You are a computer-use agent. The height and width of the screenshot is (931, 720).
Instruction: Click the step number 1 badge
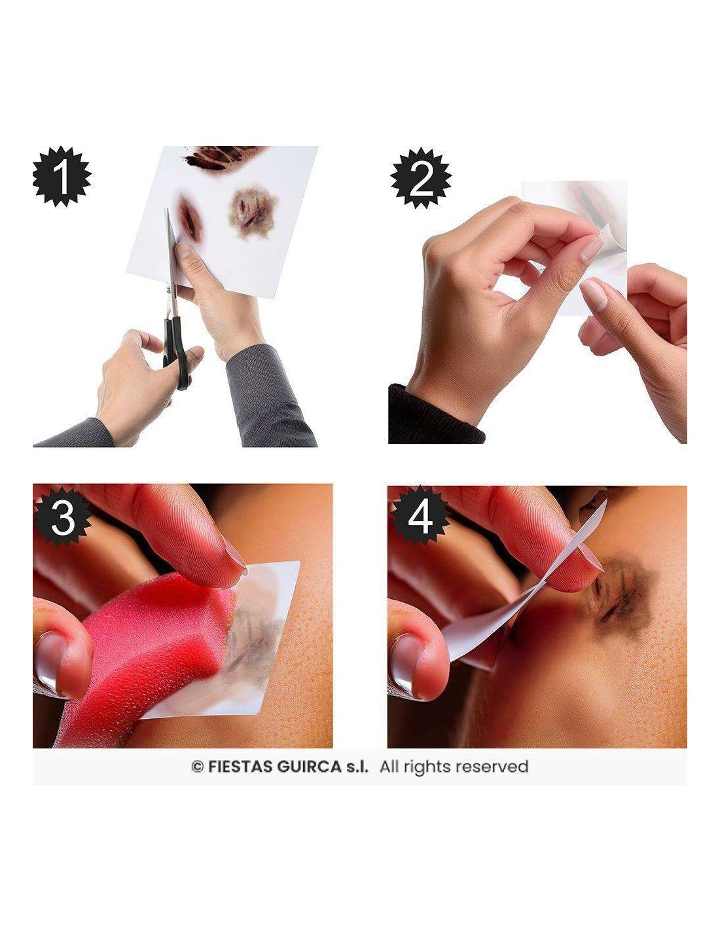pyautogui.click(x=62, y=176)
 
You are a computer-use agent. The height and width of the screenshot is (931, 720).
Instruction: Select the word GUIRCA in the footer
pyautogui.click(x=309, y=767)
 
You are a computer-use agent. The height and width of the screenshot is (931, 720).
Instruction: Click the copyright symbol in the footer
pyautogui.click(x=198, y=767)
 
